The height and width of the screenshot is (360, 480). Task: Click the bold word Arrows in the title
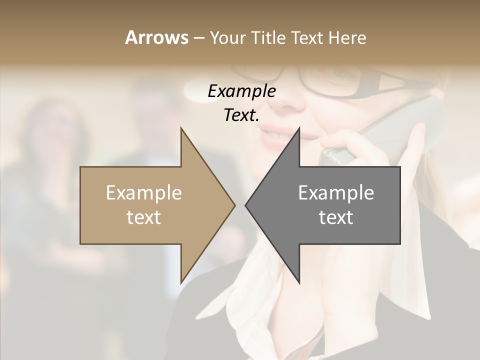(x=156, y=38)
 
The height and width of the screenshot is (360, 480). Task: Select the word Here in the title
(x=347, y=38)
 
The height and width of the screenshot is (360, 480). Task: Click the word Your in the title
(x=226, y=38)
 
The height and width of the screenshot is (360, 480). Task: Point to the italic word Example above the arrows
(x=241, y=91)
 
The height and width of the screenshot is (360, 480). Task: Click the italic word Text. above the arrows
(x=241, y=115)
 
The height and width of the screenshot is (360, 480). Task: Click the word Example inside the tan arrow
(x=144, y=193)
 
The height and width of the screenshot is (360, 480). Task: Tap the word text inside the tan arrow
(x=144, y=217)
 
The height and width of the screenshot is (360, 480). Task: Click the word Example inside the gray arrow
(x=336, y=193)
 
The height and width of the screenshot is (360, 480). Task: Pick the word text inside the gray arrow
(x=336, y=217)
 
